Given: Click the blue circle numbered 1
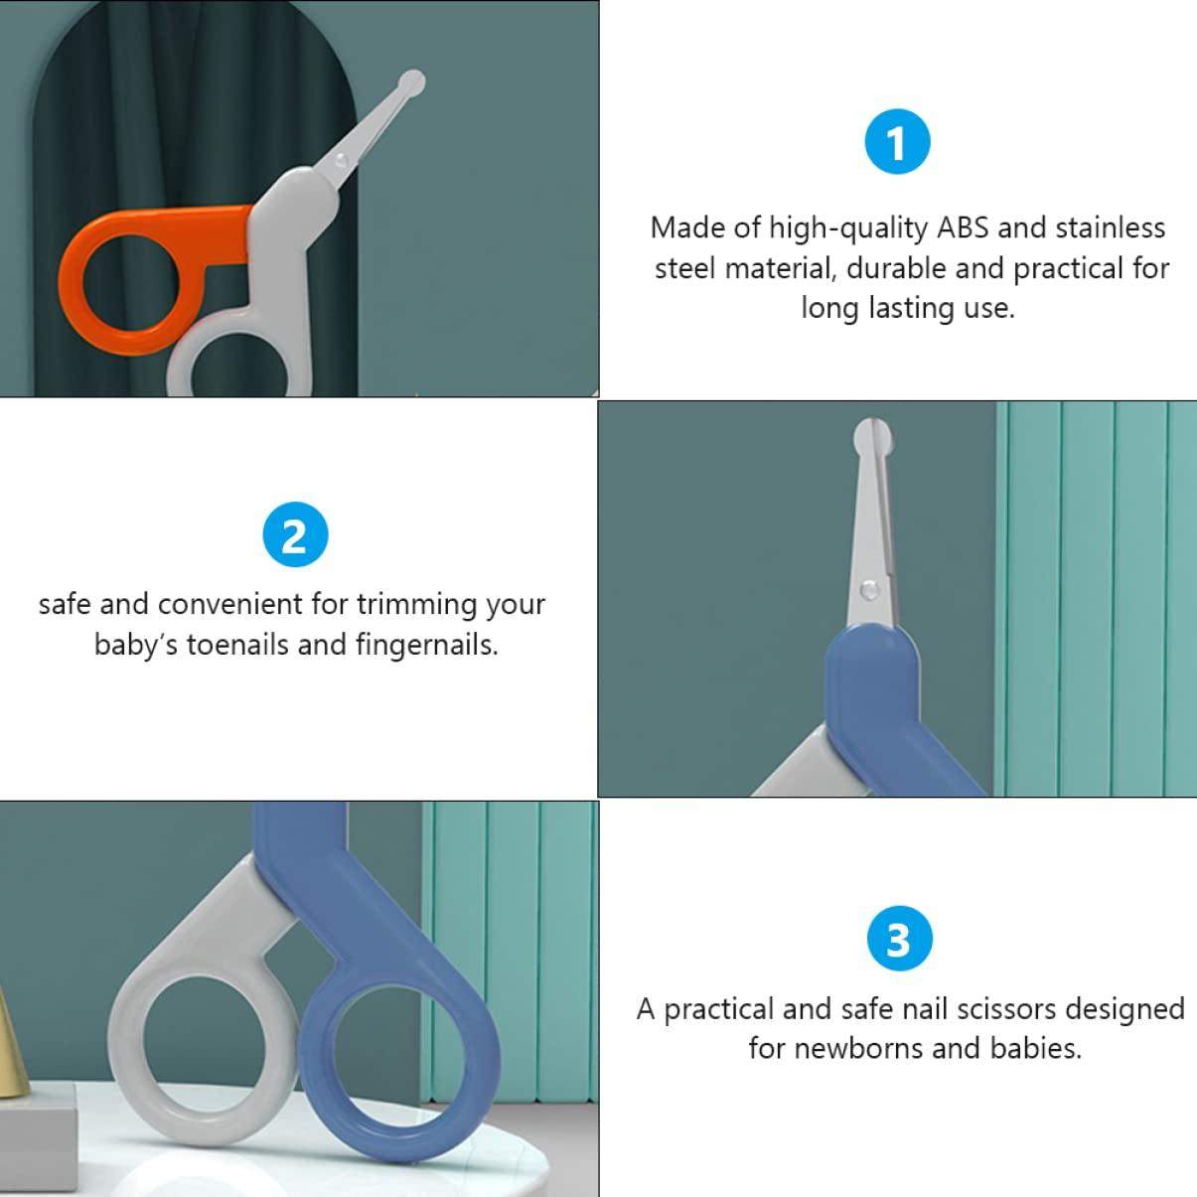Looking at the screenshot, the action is point(897,142).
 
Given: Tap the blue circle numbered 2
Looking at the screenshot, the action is point(295,534).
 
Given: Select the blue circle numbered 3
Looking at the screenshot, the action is point(899,939).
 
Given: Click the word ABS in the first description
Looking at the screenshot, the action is point(963,227).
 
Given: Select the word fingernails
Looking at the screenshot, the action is point(427,646).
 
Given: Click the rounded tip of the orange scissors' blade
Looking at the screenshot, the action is point(412,82).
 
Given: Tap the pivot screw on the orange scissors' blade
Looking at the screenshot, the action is point(340,161).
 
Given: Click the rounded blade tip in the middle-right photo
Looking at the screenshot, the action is point(872,436).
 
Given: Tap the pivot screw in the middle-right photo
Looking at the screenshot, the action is point(869,589).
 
